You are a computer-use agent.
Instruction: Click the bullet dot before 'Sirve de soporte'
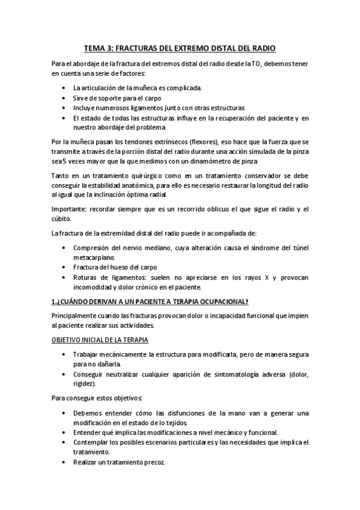pos(65,98)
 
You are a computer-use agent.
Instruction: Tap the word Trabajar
pos(88,354)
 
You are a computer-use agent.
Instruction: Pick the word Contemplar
pos(93,442)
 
